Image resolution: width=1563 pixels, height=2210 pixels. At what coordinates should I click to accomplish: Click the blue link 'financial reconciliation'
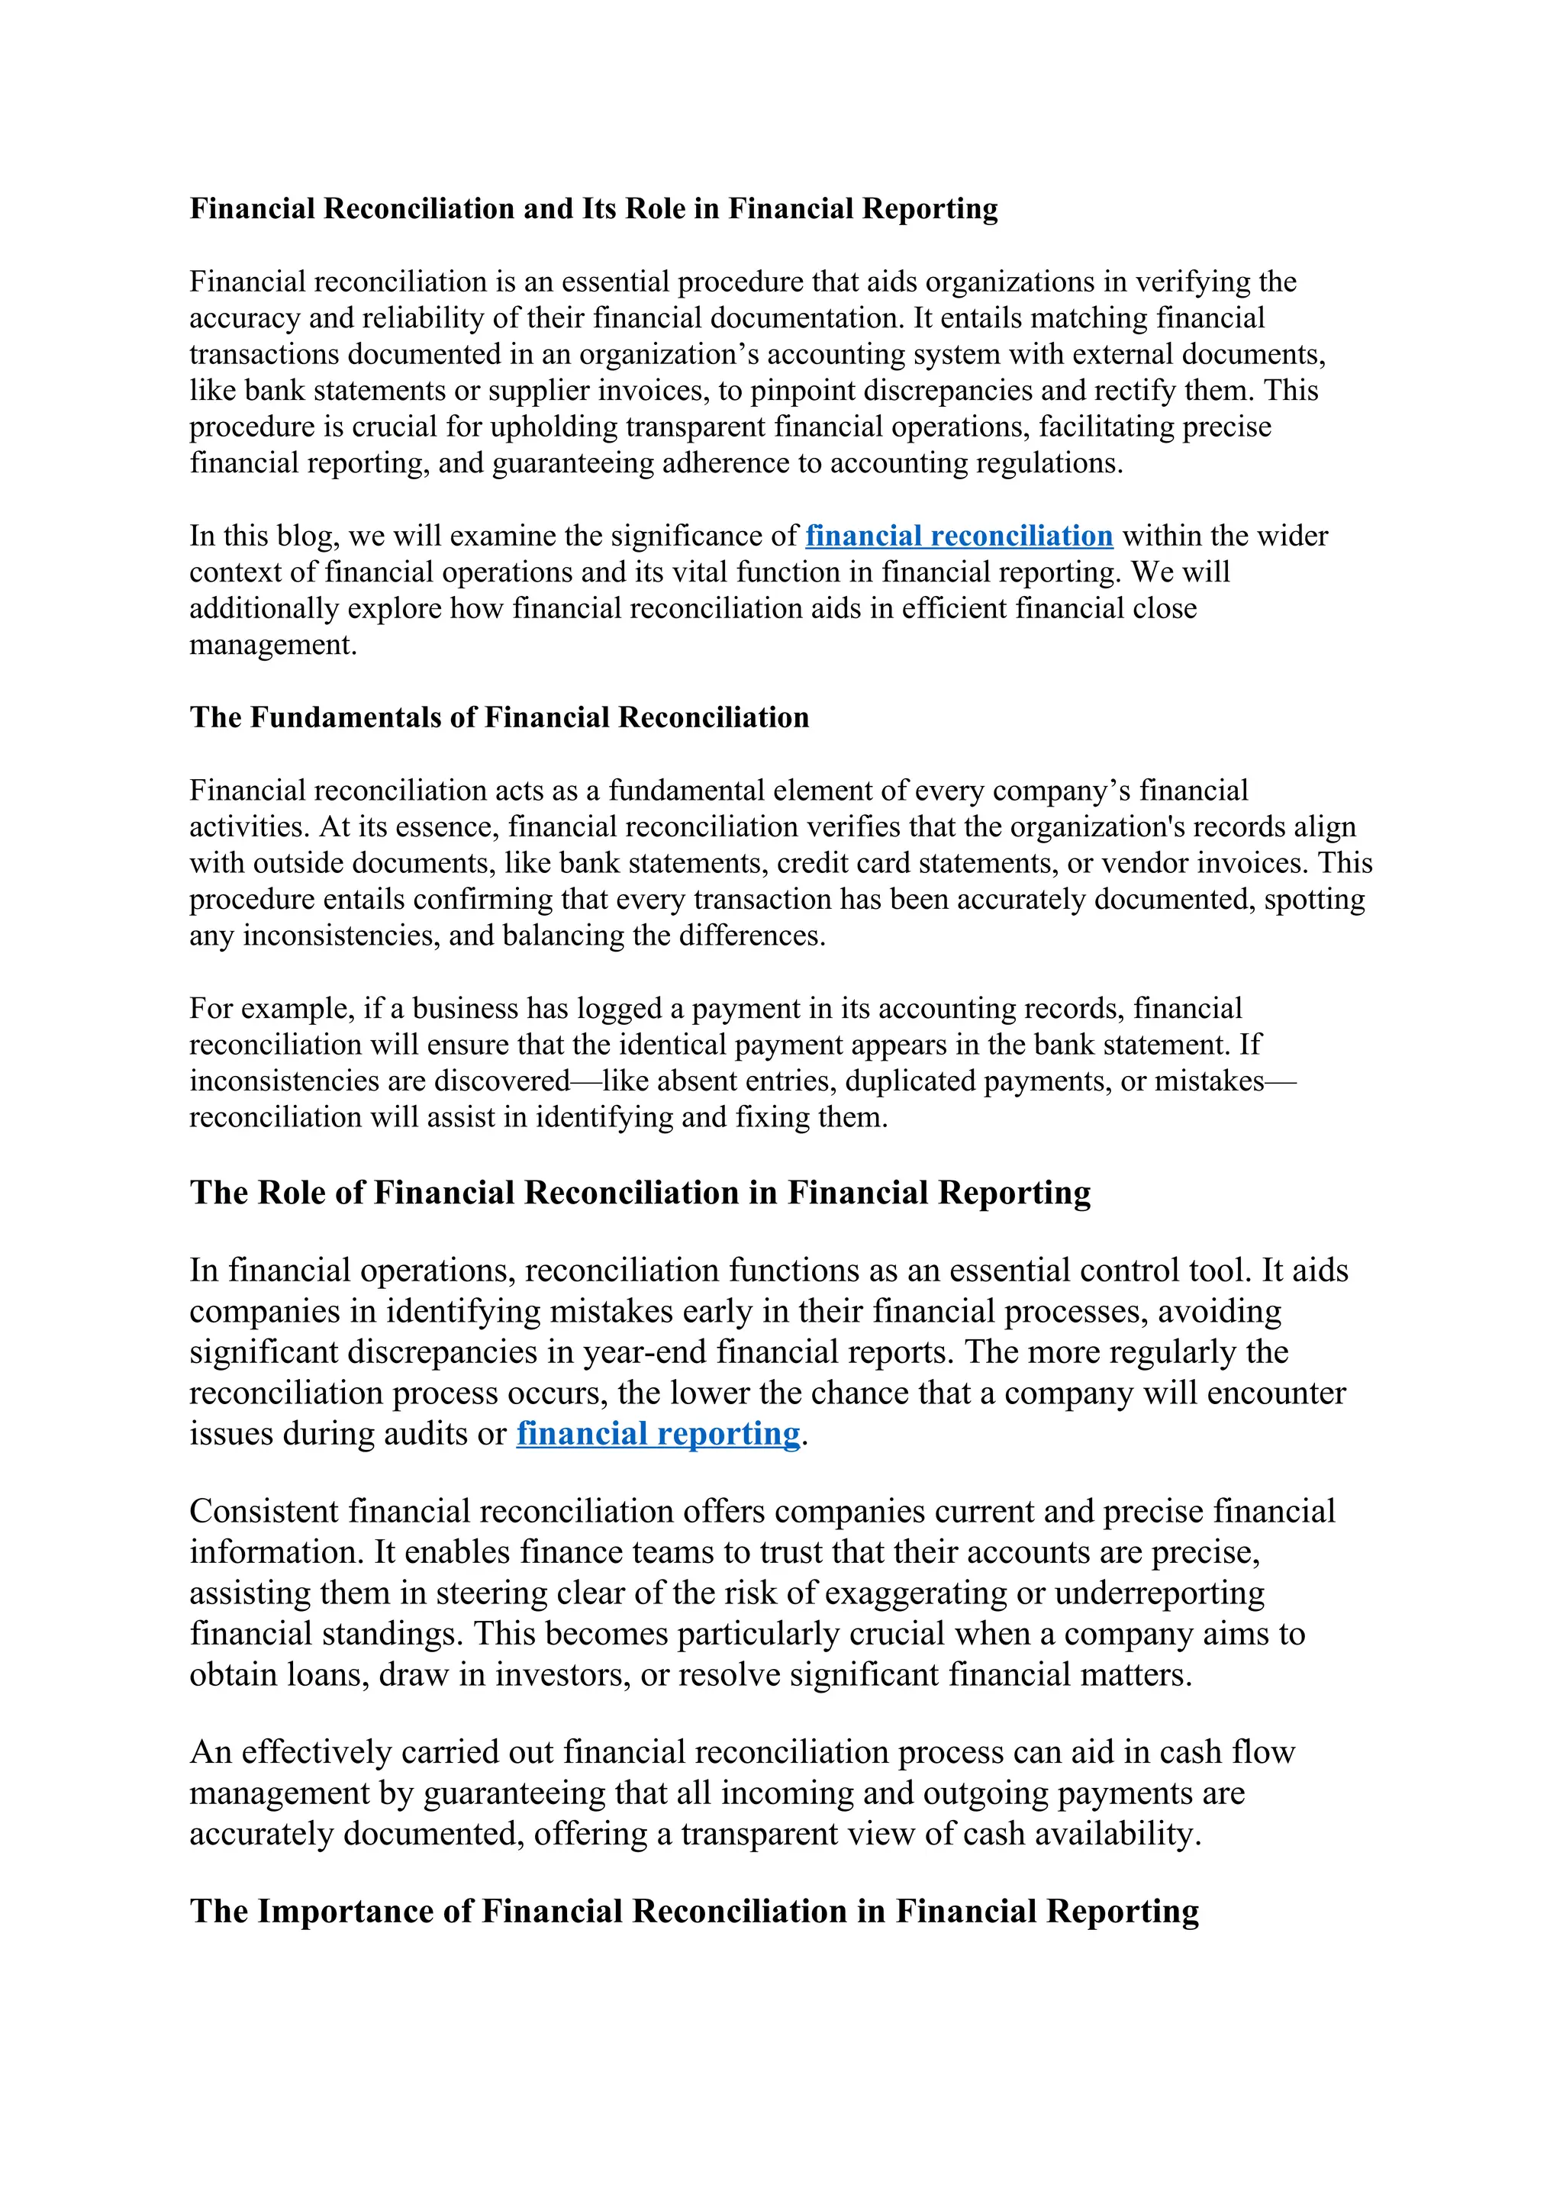[959, 536]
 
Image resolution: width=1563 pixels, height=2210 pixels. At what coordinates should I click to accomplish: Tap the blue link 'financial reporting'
[659, 1434]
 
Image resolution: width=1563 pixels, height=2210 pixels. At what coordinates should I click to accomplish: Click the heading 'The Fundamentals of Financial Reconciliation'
[498, 718]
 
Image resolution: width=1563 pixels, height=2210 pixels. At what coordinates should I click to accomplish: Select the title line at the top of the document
[593, 209]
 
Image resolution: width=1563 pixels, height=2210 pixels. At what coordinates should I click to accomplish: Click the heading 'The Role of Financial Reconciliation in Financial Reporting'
[640, 1193]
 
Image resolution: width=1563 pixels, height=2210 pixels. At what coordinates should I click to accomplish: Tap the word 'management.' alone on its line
[272, 645]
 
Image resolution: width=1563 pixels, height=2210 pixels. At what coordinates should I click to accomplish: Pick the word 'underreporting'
[1159, 1593]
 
